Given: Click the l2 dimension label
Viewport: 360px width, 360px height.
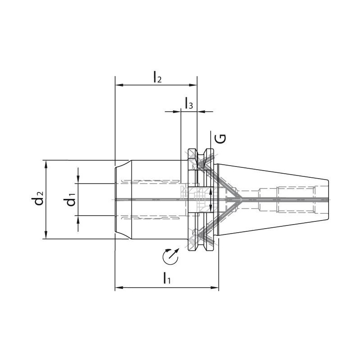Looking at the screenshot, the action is (x=157, y=76).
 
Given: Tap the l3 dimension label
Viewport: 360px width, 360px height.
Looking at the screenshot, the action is (x=189, y=103).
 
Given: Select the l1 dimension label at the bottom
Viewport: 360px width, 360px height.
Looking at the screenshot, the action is (x=166, y=278).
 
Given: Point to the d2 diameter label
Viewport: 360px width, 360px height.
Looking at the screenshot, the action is (x=37, y=198).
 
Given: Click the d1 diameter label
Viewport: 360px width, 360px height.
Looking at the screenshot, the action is (x=69, y=199).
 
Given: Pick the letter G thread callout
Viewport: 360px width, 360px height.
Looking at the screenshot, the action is (x=221, y=139).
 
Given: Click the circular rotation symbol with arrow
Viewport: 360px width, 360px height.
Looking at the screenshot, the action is (x=171, y=256).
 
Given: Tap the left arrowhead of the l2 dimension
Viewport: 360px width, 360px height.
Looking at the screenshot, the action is (x=119, y=85).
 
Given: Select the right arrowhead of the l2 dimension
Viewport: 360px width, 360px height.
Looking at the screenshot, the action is (x=193, y=85).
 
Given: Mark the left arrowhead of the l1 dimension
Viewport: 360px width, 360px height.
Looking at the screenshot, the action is (x=119, y=287).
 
